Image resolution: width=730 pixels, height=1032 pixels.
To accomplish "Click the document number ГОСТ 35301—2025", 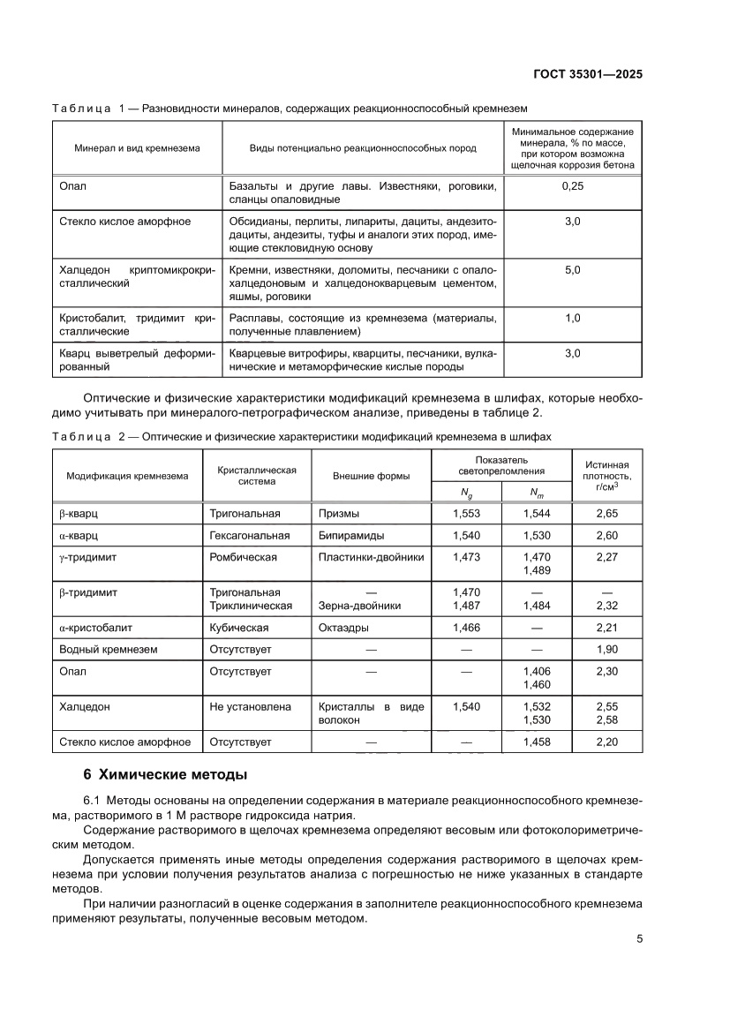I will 587,74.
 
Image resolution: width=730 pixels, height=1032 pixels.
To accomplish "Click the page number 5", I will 639,939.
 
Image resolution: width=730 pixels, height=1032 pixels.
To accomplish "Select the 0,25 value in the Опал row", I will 572,186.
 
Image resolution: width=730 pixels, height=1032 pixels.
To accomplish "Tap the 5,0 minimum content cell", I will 572,269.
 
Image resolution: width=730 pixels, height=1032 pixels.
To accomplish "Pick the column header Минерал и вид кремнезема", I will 137,148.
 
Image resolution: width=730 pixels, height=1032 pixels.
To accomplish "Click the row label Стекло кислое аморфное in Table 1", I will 124,222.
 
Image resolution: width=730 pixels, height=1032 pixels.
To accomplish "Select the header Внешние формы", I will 371,476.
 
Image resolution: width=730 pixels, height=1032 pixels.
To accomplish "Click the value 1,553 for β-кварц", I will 465,512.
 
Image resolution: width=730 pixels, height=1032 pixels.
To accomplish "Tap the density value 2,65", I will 607,512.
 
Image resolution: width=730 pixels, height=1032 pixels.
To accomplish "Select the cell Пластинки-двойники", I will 371,557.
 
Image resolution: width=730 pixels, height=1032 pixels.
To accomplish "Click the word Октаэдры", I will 343,628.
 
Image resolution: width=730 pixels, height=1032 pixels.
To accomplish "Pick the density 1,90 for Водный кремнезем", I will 607,650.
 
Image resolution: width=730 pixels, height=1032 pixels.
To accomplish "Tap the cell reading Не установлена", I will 248,707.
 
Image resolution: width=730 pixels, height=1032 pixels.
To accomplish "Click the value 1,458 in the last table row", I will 536,742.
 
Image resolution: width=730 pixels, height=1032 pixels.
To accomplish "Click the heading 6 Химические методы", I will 165,775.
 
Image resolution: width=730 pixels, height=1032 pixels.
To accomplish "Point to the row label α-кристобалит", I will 96,628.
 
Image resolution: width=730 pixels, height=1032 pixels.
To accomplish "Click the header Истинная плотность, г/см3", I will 606,475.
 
